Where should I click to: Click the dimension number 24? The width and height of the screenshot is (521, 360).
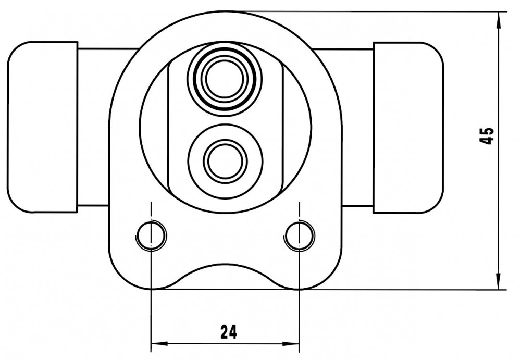click(x=229, y=332)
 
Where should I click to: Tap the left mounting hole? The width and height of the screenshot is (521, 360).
click(x=151, y=235)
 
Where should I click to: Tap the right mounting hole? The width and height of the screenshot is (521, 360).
click(x=300, y=235)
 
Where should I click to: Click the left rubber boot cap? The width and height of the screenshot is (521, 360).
click(x=43, y=127)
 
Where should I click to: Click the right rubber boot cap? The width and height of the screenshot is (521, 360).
click(x=408, y=127)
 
